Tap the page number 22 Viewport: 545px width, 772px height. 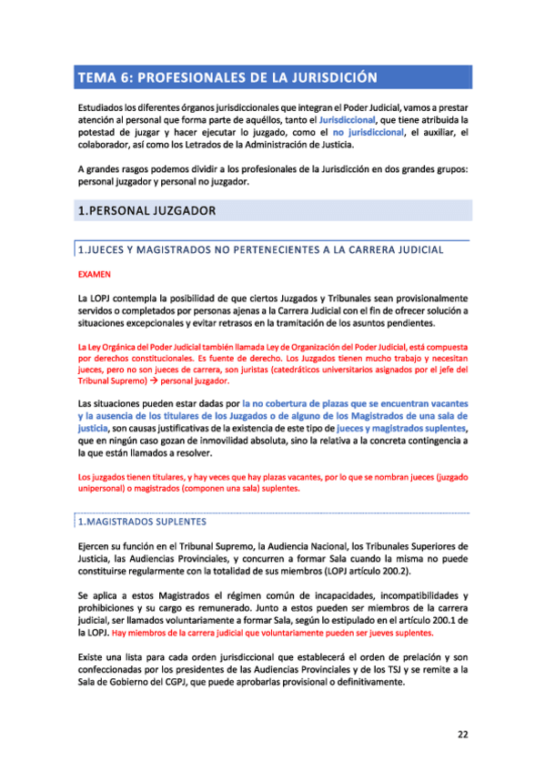coord(462,734)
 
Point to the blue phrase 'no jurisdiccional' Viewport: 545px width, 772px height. coord(368,132)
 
